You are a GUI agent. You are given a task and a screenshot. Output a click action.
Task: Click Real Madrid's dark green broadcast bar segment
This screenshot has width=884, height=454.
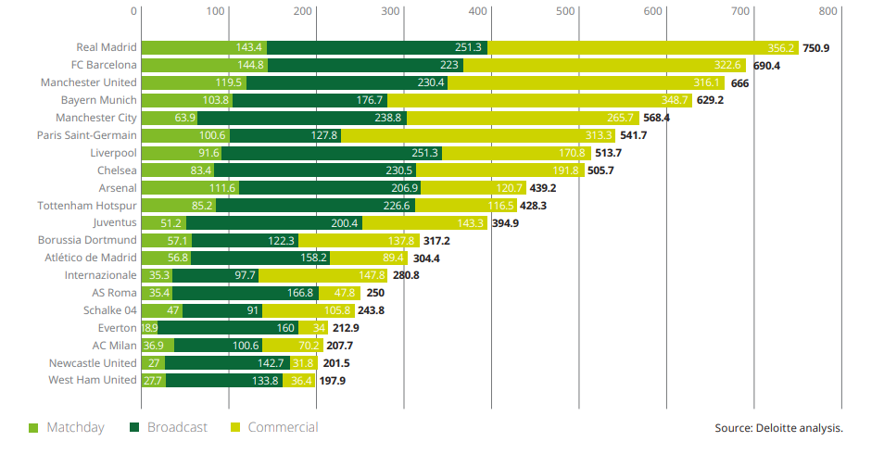(377, 47)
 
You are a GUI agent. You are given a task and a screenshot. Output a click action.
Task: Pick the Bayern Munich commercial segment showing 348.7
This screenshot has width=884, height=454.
(539, 100)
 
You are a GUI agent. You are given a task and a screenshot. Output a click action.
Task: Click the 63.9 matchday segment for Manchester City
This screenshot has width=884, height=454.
(170, 118)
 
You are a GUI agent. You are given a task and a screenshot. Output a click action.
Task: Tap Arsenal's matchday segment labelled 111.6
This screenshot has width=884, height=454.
(190, 188)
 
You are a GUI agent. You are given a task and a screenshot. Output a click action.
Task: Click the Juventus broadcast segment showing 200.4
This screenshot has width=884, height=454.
(274, 223)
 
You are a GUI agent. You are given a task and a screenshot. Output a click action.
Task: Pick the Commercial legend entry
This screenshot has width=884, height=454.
(274, 427)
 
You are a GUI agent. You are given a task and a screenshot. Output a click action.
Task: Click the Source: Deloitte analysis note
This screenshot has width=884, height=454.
(778, 428)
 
